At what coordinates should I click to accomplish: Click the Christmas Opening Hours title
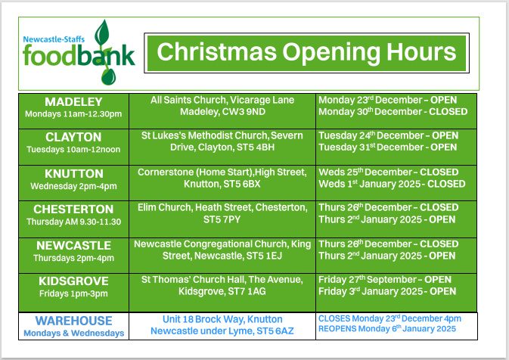point(306,52)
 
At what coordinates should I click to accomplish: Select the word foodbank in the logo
point(79,55)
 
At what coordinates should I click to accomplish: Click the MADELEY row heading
point(73,101)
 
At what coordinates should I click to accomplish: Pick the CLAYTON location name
point(73,137)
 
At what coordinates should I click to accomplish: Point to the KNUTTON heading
point(73,173)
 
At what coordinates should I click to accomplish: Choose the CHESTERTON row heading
point(73,209)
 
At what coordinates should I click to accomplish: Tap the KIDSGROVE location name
point(73,281)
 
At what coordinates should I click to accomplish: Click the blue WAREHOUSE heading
point(73,321)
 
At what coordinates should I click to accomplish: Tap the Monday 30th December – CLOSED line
point(393,111)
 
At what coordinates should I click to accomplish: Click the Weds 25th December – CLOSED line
point(389,172)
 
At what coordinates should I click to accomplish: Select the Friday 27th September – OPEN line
point(384,279)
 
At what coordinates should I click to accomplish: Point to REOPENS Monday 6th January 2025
point(387,329)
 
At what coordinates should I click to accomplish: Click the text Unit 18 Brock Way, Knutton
point(222,319)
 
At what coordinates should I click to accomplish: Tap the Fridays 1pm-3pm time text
point(73,293)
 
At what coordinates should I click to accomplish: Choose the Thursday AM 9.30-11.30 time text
point(73,222)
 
